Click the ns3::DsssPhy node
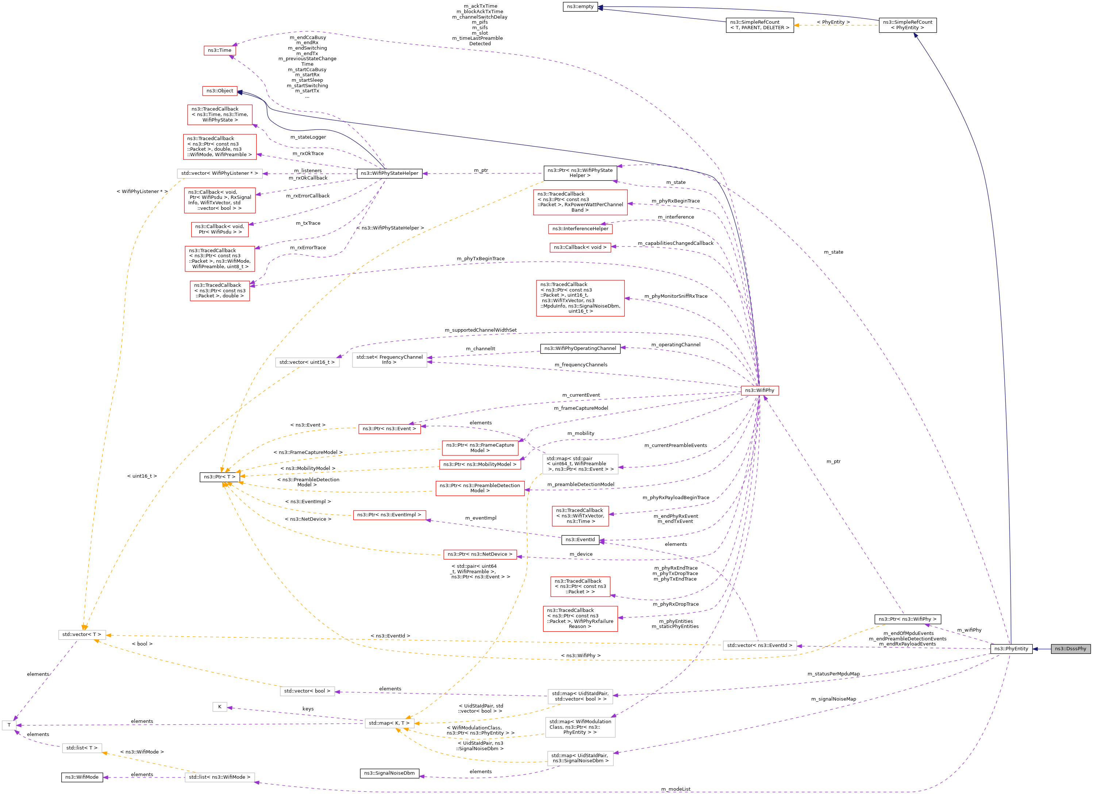click(1070, 648)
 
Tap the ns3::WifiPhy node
click(759, 390)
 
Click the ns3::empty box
click(580, 6)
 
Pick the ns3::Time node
click(219, 50)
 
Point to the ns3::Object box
click(219, 90)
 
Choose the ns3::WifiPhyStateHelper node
click(389, 173)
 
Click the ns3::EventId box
click(580, 540)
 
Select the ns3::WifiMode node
click(81, 777)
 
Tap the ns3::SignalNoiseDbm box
click(389, 773)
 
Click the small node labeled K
click(219, 707)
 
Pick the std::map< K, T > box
click(389, 723)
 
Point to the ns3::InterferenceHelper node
click(580, 229)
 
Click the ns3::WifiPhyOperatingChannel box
click(580, 348)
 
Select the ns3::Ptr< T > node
click(219, 477)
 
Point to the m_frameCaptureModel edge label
click(580, 408)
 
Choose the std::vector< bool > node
click(307, 691)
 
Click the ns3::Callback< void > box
click(580, 247)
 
